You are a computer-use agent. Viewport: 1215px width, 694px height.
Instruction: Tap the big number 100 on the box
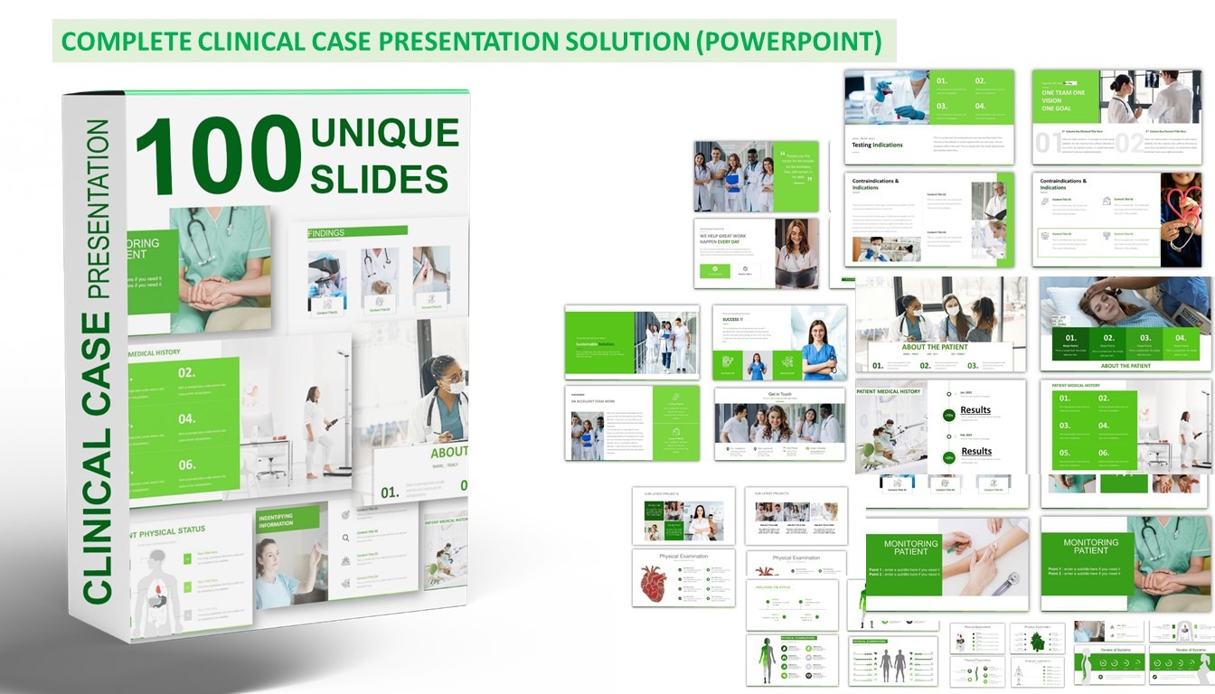[x=218, y=155]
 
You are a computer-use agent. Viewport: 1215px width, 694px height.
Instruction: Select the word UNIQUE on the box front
[x=384, y=134]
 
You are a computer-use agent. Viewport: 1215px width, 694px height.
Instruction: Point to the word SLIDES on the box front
[x=379, y=178]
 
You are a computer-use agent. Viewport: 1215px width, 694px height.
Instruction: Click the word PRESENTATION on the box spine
[x=98, y=209]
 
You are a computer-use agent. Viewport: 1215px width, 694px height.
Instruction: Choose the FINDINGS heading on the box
[x=326, y=233]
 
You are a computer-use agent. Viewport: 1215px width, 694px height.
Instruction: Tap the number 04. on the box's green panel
[x=187, y=419]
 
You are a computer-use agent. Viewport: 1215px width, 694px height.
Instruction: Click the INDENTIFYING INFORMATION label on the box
[x=276, y=520]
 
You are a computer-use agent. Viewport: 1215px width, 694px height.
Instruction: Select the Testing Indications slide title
[x=877, y=145]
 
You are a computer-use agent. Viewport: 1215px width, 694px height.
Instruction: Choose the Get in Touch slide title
[x=779, y=395]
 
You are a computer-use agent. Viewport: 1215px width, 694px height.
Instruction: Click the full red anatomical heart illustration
[x=653, y=583]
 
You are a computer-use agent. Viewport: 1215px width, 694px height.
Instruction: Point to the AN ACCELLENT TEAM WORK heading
[x=593, y=401]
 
